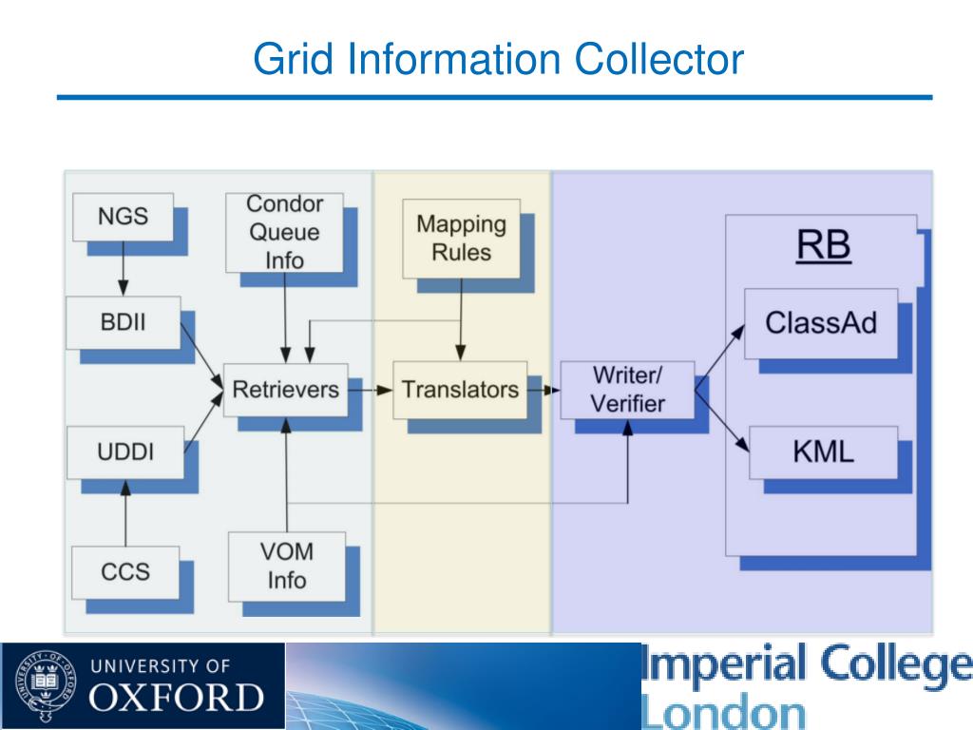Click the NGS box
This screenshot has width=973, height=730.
click(x=123, y=217)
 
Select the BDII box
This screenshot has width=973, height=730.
click(x=124, y=322)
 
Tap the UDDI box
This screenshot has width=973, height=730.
click(x=125, y=451)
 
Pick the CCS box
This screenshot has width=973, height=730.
click(x=125, y=571)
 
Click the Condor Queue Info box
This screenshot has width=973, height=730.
click(x=284, y=232)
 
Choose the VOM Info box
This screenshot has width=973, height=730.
click(x=287, y=567)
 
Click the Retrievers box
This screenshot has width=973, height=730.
click(x=285, y=390)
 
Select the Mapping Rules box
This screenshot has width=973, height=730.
click(x=461, y=239)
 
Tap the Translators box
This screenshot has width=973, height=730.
click(x=460, y=390)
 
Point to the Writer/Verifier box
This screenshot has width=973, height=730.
click(x=627, y=390)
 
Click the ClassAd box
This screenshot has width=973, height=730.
click(x=821, y=323)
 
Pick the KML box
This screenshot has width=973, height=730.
click(x=824, y=451)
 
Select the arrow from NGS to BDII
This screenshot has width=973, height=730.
click(x=123, y=268)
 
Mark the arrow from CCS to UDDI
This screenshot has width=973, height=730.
click(x=125, y=512)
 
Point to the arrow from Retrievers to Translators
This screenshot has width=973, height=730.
click(x=371, y=390)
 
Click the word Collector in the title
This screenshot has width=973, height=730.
click(x=659, y=59)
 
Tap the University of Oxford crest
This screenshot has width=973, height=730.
click(x=46, y=685)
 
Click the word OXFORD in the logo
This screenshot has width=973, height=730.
click(x=176, y=698)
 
